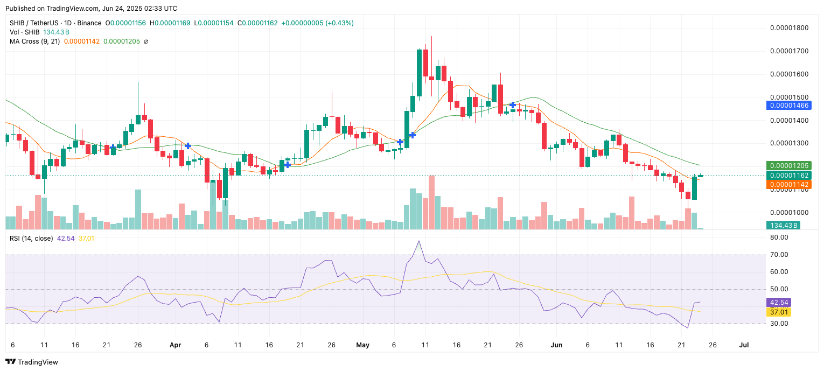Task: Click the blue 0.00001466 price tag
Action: click(x=788, y=106)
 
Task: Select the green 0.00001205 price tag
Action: click(x=788, y=166)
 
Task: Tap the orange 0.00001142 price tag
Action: click(x=788, y=184)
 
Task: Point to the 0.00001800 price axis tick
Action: click(x=789, y=28)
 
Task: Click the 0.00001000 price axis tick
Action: click(x=789, y=213)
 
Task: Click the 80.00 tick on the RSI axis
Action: click(x=779, y=237)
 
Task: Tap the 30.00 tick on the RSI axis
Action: click(x=779, y=324)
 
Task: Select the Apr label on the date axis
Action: click(x=175, y=345)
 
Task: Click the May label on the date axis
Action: click(x=363, y=345)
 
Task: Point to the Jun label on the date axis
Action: click(x=556, y=345)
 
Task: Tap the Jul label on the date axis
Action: click(x=744, y=345)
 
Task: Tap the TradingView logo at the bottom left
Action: click(x=32, y=362)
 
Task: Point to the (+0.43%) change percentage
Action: click(x=339, y=23)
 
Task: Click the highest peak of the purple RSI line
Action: click(x=418, y=241)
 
